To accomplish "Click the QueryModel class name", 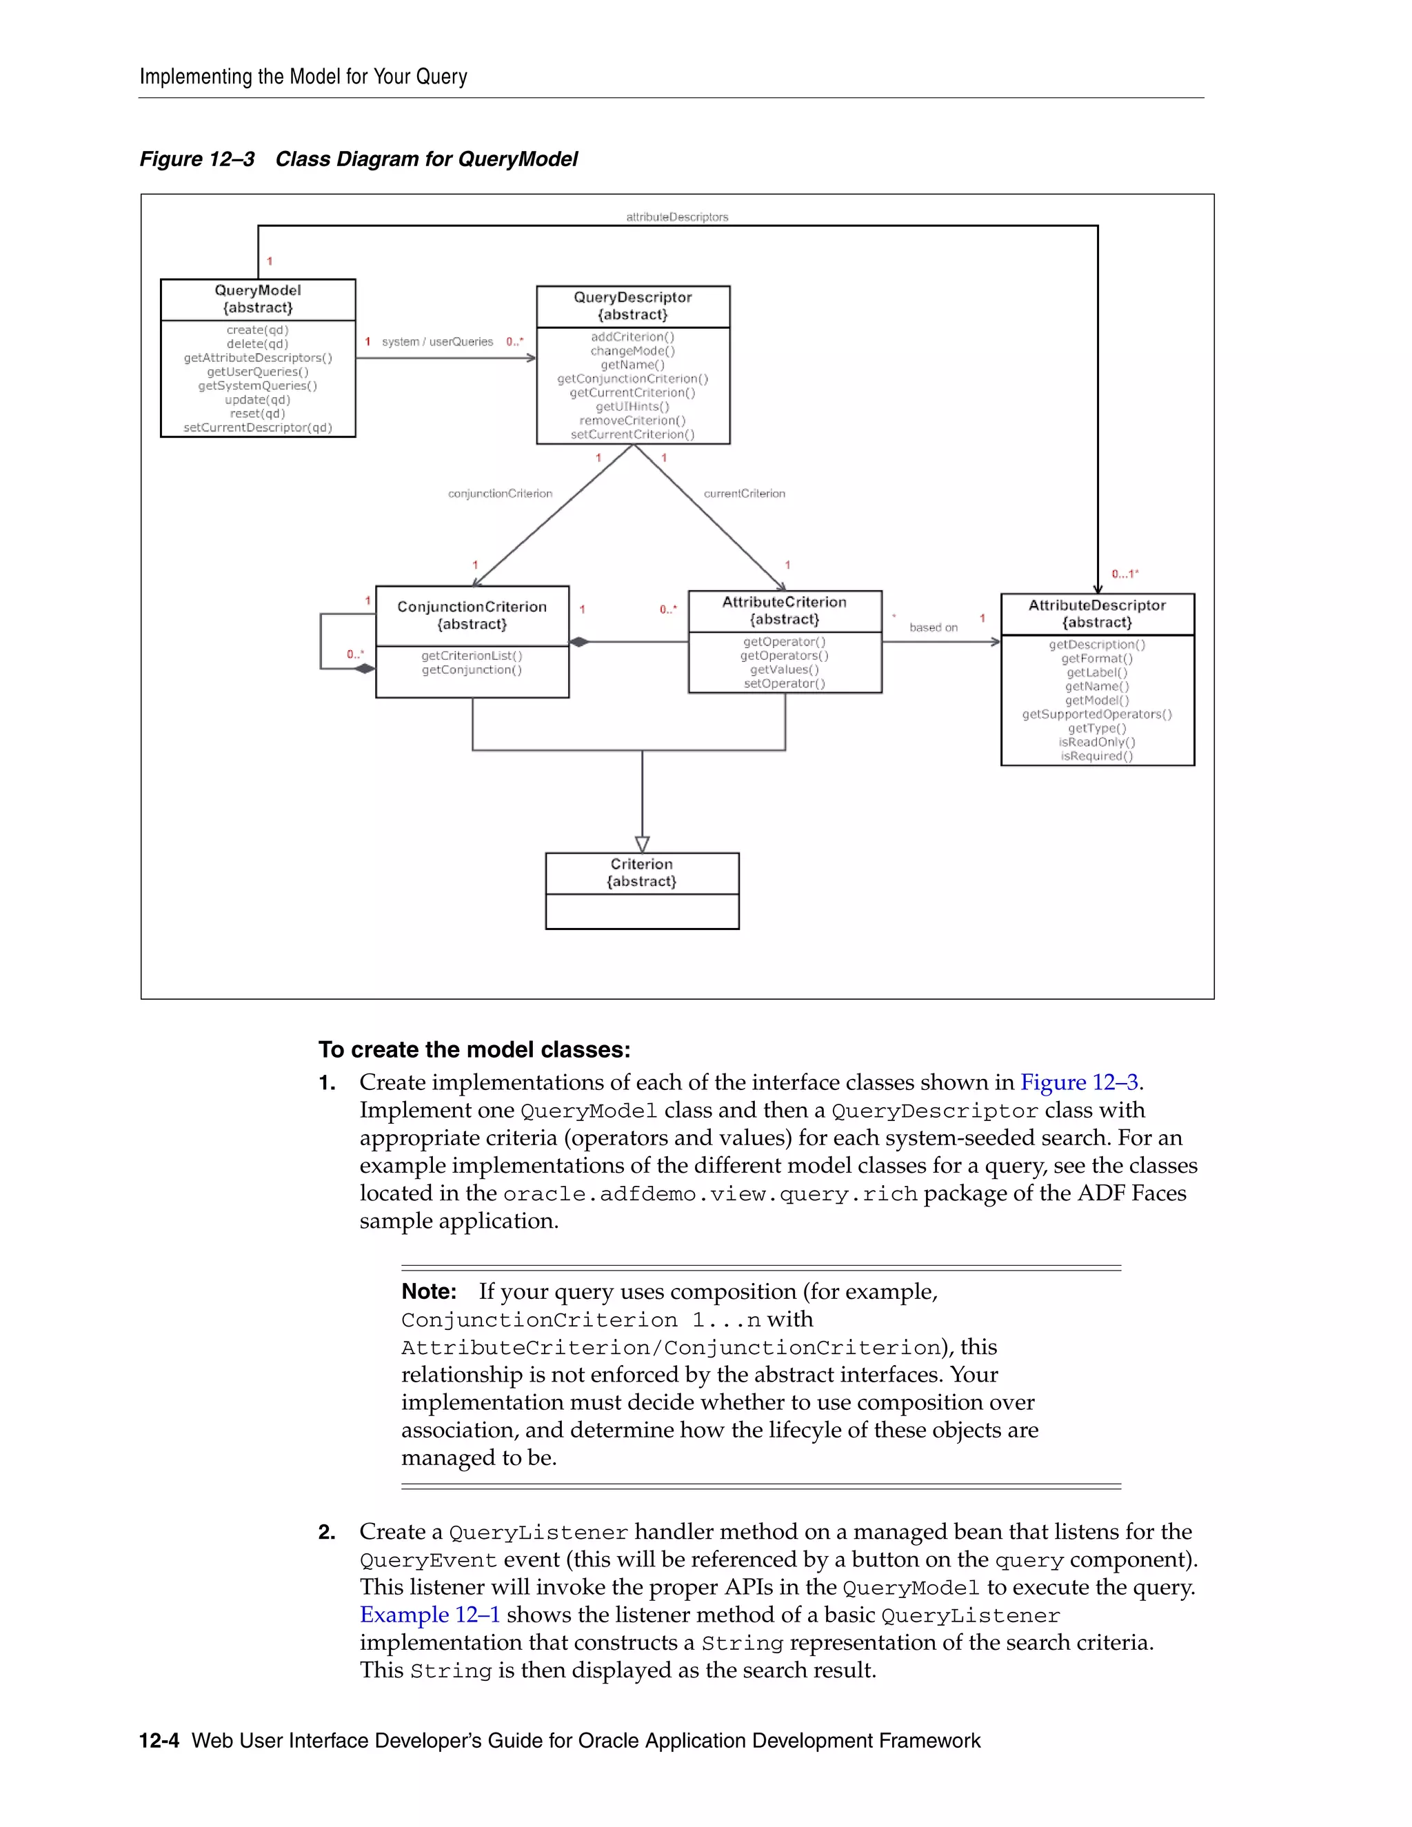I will [258, 290].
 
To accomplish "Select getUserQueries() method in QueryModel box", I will [258, 372].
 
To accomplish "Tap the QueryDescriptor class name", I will [632, 297].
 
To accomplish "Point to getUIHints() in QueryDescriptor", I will [632, 407].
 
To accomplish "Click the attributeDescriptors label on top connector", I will [677, 216].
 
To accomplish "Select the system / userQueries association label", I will [438, 341].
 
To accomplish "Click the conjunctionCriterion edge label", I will [501, 494].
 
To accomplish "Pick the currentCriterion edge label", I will [745, 494].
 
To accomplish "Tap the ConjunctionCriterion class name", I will [472, 607].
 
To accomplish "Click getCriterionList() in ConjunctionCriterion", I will [472, 656].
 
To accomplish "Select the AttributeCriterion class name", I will [784, 601].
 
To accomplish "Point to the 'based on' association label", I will [934, 627].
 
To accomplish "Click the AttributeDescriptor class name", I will [1097, 605].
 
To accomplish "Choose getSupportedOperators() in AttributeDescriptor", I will [1097, 714].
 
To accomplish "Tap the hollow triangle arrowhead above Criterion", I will [643, 844].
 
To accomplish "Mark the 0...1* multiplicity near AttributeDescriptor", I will [1125, 574].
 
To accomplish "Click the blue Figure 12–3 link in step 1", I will [1079, 1082].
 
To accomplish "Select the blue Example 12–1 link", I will [429, 1615].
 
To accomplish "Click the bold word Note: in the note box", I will [429, 1291].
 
